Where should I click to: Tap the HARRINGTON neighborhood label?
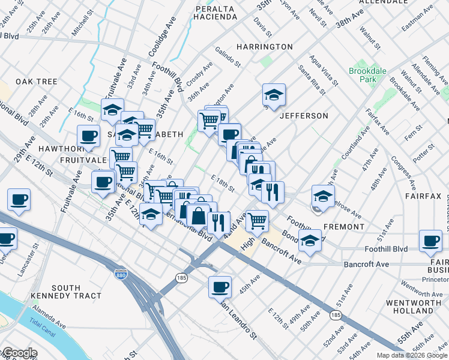pos(264,47)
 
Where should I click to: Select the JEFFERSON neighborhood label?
pos(304,116)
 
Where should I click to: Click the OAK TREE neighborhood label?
pos(36,82)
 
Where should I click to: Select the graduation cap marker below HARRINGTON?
pos(274,95)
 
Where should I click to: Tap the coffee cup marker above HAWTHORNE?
pos(89,136)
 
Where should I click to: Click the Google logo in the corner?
pos(19,353)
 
